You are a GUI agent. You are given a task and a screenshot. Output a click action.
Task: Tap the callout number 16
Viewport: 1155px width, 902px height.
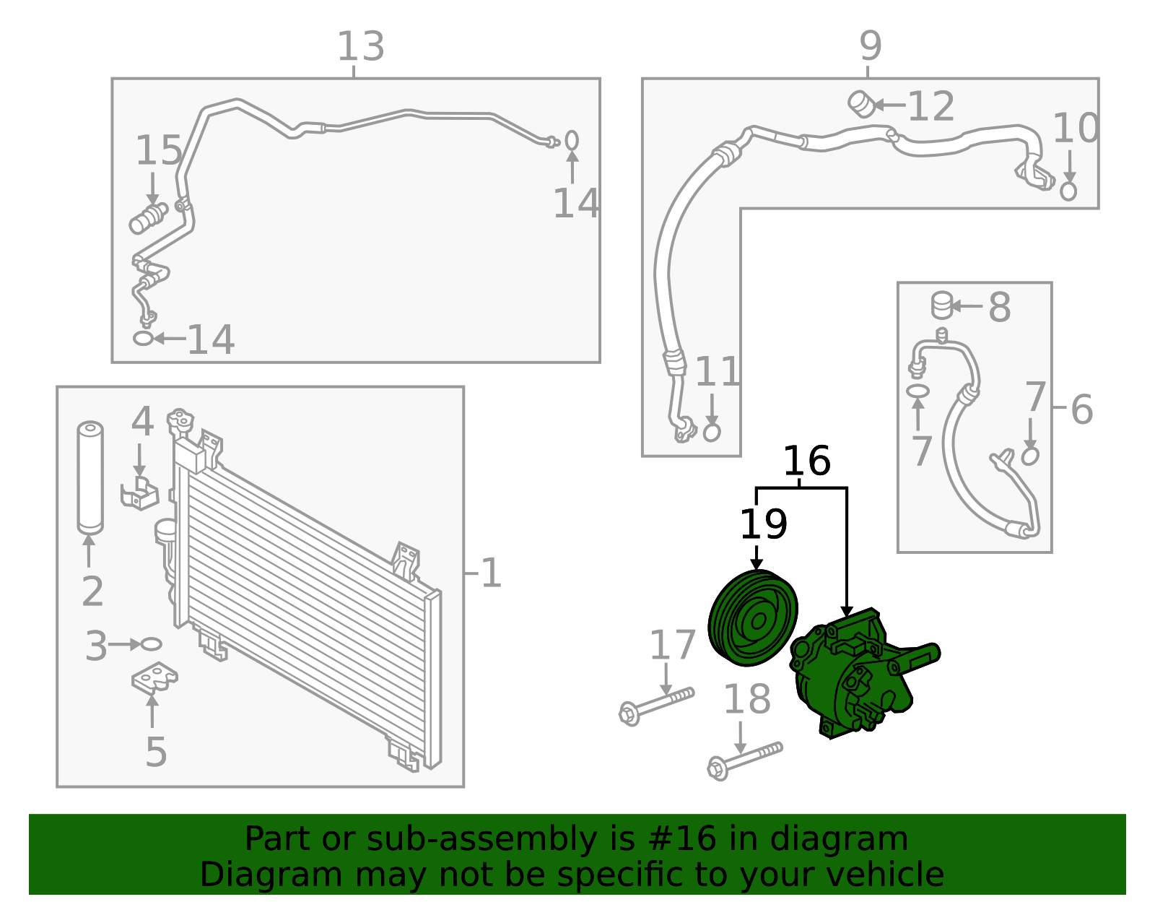click(x=806, y=461)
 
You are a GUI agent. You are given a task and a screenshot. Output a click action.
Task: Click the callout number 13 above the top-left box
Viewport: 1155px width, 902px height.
click(x=360, y=47)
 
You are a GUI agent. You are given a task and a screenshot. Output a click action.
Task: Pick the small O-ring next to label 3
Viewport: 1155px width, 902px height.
click(x=151, y=644)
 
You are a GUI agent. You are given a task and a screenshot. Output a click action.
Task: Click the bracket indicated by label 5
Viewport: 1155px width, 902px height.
click(x=154, y=679)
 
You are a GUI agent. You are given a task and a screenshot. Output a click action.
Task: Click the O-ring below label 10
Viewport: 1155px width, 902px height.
click(x=1068, y=191)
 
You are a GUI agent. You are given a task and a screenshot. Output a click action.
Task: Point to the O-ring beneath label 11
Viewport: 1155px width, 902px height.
click(x=712, y=432)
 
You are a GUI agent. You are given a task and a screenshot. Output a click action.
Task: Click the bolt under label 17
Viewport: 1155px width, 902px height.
click(x=655, y=705)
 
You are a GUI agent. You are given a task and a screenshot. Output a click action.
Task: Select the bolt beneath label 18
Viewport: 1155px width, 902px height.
click(x=744, y=760)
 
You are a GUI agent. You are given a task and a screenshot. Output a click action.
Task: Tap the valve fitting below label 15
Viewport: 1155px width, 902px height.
click(x=149, y=219)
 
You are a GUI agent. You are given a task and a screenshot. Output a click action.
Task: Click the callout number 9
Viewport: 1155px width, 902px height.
click(x=871, y=46)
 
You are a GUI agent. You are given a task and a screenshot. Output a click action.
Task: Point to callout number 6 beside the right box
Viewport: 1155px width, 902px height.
click(x=1081, y=409)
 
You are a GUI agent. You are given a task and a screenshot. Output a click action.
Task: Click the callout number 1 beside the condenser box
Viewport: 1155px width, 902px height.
click(x=491, y=574)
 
